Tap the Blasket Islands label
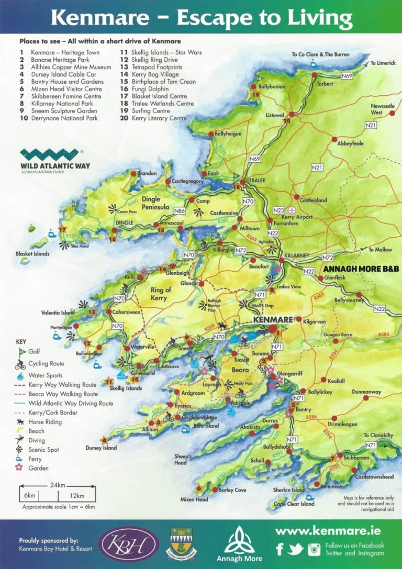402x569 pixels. tap(32, 254)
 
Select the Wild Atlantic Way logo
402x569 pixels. tap(55, 159)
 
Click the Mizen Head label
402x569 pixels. tap(194, 499)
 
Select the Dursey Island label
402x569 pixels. tap(101, 448)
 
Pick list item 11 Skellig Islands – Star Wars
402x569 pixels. tap(161, 53)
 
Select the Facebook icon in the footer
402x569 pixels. tap(280, 549)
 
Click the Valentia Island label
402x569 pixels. tap(58, 313)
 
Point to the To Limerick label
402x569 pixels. tap(381, 63)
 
